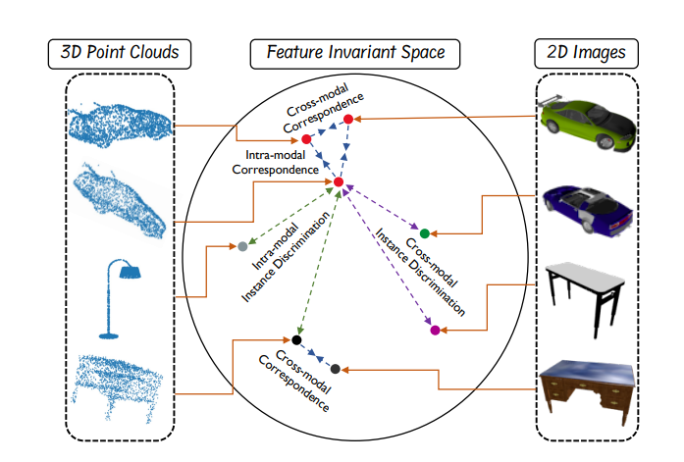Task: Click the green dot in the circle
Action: click(424, 233)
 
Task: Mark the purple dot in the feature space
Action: click(435, 332)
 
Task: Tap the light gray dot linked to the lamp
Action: click(241, 246)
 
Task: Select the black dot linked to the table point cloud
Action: click(296, 339)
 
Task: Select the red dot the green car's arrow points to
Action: click(347, 120)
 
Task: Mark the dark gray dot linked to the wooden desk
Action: click(336, 369)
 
